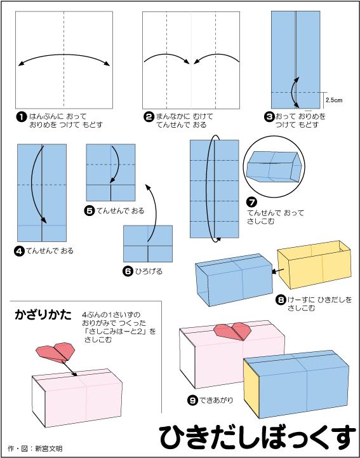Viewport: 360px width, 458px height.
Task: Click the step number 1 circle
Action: click(x=20, y=117)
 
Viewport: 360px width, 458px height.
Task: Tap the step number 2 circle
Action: click(x=149, y=117)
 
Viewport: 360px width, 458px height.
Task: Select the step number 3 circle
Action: click(x=269, y=117)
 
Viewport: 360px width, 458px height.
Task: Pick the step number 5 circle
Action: click(x=89, y=210)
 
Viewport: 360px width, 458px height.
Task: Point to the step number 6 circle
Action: click(x=128, y=271)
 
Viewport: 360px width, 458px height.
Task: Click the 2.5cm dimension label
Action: click(x=333, y=100)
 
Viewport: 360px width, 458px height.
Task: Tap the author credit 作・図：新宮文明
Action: click(x=35, y=448)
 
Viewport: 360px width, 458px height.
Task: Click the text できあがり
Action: click(x=219, y=400)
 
